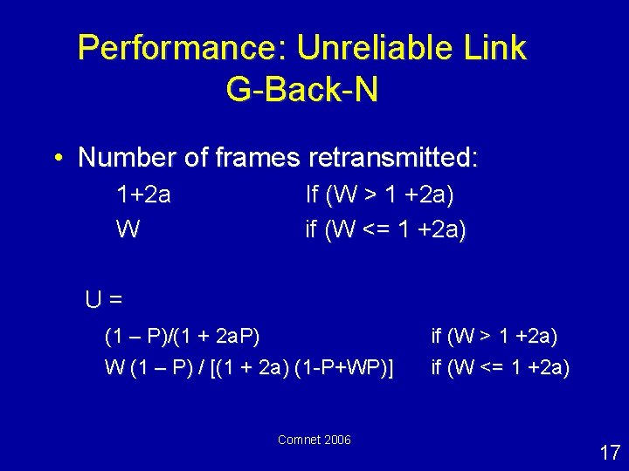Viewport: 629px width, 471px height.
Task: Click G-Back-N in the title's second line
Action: [301, 90]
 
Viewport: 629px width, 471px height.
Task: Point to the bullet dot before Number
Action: [58, 159]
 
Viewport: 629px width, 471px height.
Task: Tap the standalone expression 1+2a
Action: [143, 195]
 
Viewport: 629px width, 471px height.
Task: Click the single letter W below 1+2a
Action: [128, 229]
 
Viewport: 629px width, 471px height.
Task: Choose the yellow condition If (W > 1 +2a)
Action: [379, 195]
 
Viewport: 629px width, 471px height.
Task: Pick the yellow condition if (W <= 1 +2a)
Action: [385, 229]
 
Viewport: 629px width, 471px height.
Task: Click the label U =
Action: [103, 299]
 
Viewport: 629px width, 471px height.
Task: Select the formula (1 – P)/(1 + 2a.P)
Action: [182, 336]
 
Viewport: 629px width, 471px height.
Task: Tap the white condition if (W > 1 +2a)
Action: [494, 336]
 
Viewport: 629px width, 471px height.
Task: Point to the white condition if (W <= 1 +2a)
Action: [500, 368]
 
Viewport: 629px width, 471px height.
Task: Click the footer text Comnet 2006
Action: [314, 440]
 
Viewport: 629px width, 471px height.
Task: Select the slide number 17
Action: [609, 452]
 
